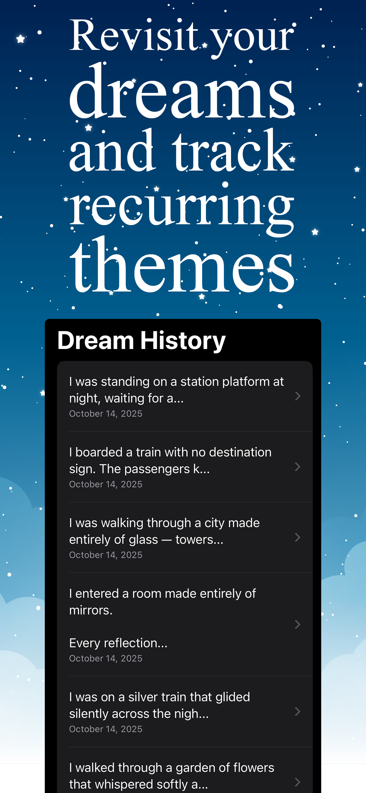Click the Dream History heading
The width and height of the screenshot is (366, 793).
click(x=141, y=340)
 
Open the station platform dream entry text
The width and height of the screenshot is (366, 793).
click(x=176, y=390)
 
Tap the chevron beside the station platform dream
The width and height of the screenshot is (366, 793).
click(x=297, y=396)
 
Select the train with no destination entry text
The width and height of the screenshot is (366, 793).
click(x=170, y=460)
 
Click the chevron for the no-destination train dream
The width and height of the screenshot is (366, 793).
click(x=297, y=467)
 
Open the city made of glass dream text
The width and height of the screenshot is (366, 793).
click(x=164, y=531)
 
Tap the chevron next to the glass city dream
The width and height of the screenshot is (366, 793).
click(x=297, y=538)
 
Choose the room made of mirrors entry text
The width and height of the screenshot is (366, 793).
click(x=162, y=602)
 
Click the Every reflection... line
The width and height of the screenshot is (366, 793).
click(x=118, y=643)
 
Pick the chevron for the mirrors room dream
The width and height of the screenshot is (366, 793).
click(x=297, y=624)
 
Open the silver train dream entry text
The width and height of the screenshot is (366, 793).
click(x=159, y=705)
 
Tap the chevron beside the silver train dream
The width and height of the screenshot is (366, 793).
click(x=297, y=711)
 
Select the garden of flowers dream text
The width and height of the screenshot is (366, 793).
click(x=171, y=776)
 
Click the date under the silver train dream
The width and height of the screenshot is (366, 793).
click(x=105, y=729)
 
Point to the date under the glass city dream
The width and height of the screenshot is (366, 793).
click(x=105, y=555)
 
